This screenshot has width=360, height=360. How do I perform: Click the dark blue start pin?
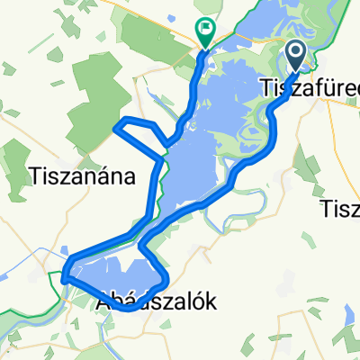click(297, 56)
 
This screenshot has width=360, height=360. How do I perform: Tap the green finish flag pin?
click(206, 33)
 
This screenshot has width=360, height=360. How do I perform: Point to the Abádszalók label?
click(156, 304)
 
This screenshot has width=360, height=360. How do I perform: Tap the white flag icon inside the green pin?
click(206, 30)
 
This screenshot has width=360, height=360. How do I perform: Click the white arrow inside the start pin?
click(297, 53)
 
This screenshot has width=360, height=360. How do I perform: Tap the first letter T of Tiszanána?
click(33, 175)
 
